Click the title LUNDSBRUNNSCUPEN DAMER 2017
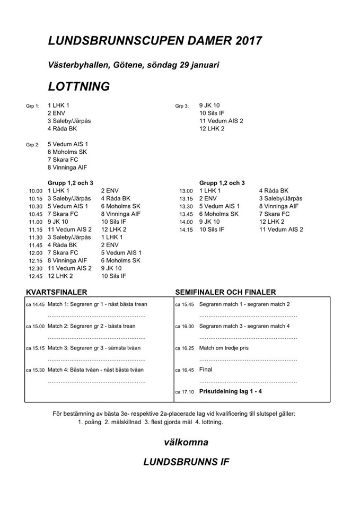(x=154, y=41)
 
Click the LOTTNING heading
(x=78, y=86)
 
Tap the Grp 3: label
(x=182, y=106)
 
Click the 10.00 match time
(x=36, y=191)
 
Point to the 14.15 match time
(x=186, y=230)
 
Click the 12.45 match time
(x=36, y=277)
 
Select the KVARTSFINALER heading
(x=57, y=292)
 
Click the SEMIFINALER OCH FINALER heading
(x=225, y=292)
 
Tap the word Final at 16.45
(x=206, y=370)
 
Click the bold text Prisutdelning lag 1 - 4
(x=231, y=391)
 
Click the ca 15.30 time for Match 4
(x=35, y=370)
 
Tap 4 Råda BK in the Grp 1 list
(x=62, y=128)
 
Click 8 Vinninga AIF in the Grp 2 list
(x=67, y=168)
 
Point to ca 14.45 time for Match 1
(x=35, y=305)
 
